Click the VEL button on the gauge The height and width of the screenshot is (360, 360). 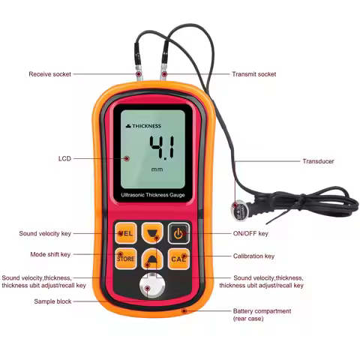(126, 233)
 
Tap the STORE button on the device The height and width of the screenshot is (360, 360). (126, 259)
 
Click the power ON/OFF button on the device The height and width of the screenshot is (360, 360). (178, 233)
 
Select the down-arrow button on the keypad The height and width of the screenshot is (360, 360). (152, 232)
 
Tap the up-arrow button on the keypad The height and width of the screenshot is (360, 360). (152, 260)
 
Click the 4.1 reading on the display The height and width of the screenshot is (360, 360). (160, 147)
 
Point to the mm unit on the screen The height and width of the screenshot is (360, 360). (157, 169)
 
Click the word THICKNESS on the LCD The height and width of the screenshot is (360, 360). (147, 126)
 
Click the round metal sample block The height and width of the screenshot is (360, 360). (152, 287)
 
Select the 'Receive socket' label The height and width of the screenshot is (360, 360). (51, 74)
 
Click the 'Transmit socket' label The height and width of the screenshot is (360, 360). (254, 74)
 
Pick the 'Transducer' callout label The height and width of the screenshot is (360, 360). (318, 161)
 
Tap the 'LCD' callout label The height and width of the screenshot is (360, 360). (64, 158)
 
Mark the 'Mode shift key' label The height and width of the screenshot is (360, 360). (50, 254)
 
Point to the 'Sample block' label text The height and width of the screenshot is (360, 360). (52, 301)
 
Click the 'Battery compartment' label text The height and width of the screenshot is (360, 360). (262, 310)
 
